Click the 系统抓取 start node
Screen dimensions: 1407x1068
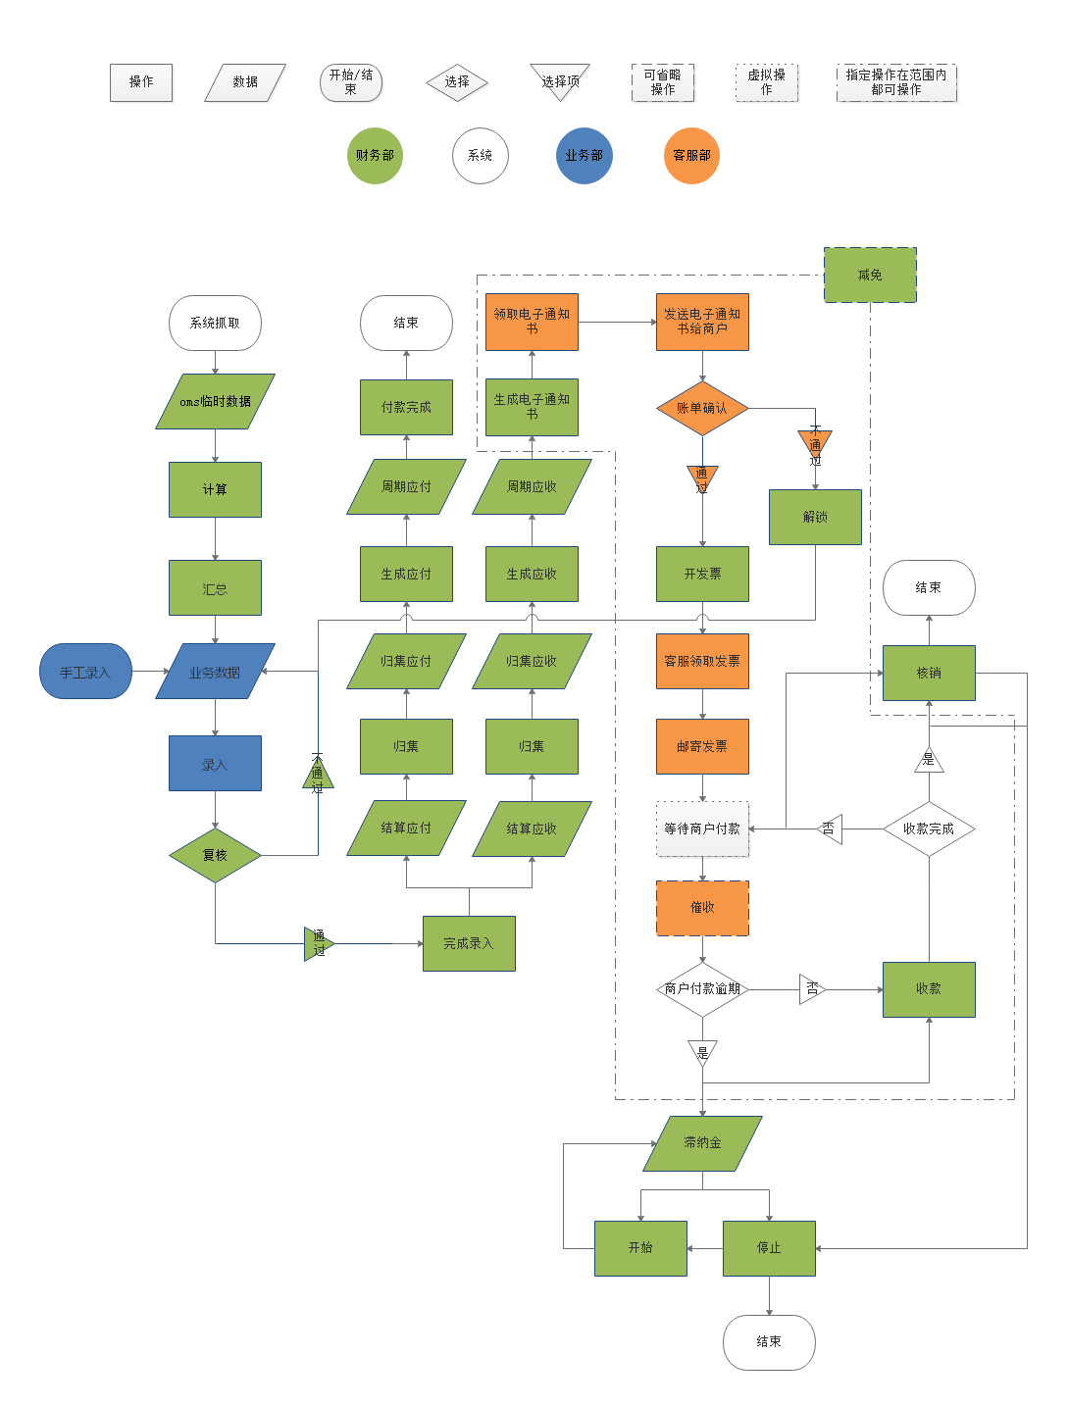[215, 323]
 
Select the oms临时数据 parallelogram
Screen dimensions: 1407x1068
[215, 402]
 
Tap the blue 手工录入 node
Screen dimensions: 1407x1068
[85, 672]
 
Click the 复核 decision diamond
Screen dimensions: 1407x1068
[215, 855]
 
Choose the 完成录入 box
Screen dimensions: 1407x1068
[469, 943]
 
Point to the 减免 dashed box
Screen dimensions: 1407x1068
[870, 276]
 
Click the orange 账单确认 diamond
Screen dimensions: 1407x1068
[702, 408]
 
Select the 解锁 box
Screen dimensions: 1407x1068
[815, 517]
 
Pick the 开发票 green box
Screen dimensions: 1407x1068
[702, 574]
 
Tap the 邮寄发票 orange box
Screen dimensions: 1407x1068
[702, 746]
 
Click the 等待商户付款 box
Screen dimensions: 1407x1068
[702, 829]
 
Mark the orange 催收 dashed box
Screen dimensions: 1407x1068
[702, 908]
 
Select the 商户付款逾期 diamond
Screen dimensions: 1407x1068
[702, 988]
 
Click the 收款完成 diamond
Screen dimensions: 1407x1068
[929, 829]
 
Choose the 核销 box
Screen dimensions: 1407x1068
[929, 673]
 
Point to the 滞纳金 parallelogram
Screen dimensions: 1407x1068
[702, 1143]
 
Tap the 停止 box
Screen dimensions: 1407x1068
[769, 1248]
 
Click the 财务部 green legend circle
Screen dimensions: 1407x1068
[375, 155]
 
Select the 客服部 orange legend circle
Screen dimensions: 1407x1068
[691, 155]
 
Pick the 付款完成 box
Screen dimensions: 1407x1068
[406, 407]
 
